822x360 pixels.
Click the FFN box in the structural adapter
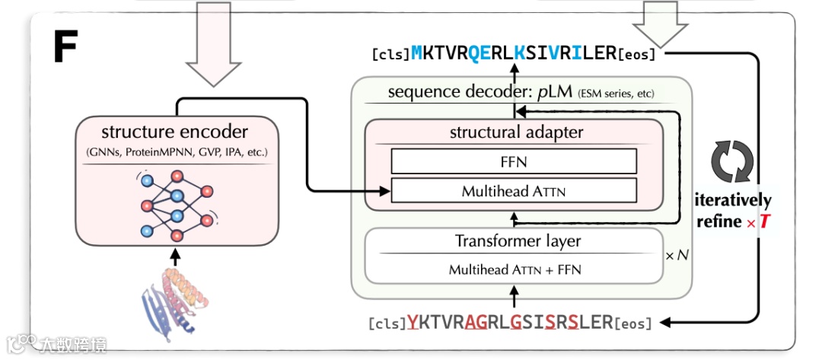pyautogui.click(x=514, y=161)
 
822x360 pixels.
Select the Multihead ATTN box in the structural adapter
pyautogui.click(x=514, y=190)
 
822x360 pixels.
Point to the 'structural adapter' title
pyautogui.click(x=517, y=132)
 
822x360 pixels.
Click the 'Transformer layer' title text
pyautogui.click(x=518, y=241)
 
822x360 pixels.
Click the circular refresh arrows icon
pyautogui.click(x=731, y=161)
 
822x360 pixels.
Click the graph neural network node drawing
pyautogui.click(x=176, y=205)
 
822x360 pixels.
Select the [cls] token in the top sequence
pyautogui.click(x=390, y=55)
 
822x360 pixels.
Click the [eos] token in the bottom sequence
pyautogui.click(x=634, y=323)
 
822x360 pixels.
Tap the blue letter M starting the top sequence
pyautogui.click(x=417, y=54)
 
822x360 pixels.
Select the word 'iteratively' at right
pyautogui.click(x=734, y=201)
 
